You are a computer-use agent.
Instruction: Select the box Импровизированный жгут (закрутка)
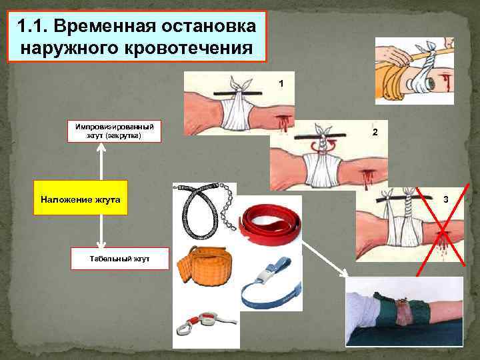[x=114, y=131]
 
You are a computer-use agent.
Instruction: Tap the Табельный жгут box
[x=120, y=259]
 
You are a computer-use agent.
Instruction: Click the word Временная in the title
[x=105, y=26]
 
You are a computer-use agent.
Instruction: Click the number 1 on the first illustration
[x=281, y=83]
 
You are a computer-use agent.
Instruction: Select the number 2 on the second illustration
[x=375, y=132]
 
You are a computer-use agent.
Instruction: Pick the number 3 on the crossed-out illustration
[x=446, y=199]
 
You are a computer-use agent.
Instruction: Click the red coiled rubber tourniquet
[x=269, y=225]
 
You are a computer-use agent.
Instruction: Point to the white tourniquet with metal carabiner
[x=205, y=323]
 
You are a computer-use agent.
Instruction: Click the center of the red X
[x=443, y=230]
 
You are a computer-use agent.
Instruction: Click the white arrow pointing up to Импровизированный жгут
[x=101, y=161]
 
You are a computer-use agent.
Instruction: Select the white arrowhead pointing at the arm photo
[x=345, y=273]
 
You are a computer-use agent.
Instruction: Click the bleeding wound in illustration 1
[x=282, y=122]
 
